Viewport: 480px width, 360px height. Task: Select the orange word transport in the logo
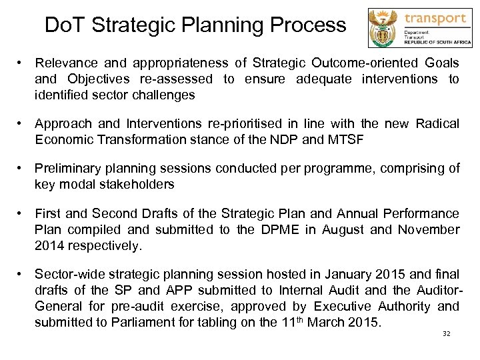point(436,18)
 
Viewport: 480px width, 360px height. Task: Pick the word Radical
point(437,124)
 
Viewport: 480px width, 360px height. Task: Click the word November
point(429,229)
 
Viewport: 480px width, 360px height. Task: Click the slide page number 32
point(447,333)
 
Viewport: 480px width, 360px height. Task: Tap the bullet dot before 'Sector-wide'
point(22,274)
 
